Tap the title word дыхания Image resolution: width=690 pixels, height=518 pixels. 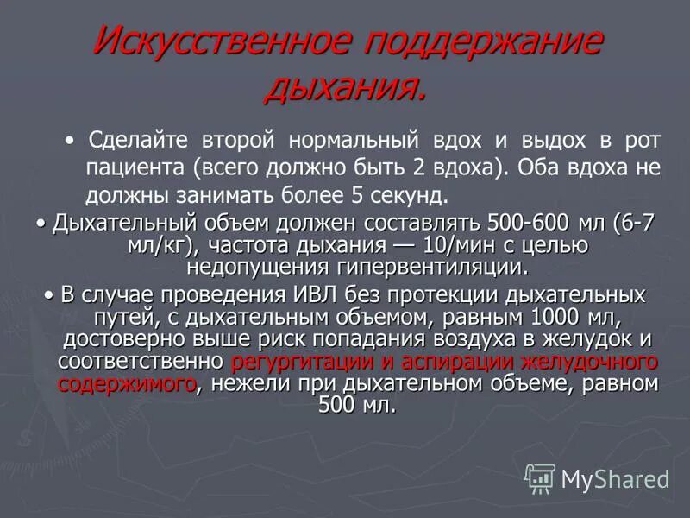click(344, 85)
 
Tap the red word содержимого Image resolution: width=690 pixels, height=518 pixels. click(126, 382)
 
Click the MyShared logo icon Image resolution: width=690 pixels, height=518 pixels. click(541, 477)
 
